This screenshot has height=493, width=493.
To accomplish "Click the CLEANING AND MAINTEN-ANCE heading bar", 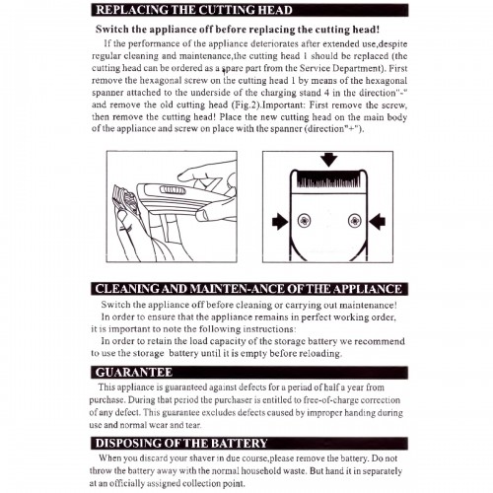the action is pos(248,289).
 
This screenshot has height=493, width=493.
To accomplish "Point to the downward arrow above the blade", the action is pos(329,160).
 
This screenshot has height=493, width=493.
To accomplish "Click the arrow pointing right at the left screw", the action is pos(280,221).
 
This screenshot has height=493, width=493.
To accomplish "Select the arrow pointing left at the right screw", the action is pos(377,221).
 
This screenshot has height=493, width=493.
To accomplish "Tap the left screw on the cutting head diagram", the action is pos(304,220).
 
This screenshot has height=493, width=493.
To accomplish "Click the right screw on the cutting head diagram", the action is pos(355,220).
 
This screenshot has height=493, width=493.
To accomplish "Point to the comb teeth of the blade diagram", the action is pos(329,179).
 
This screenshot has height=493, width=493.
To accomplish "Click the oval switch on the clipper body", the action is pos(171,190).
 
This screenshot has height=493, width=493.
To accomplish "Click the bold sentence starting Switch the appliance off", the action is pos(238,30).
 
